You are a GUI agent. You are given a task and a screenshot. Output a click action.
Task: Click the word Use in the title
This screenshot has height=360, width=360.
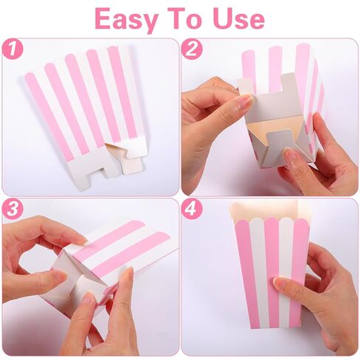click(x=239, y=18)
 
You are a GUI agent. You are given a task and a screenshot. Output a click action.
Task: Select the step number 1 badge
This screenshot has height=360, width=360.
click(x=13, y=49)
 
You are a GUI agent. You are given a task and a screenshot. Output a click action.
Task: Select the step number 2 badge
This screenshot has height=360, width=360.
click(x=192, y=49)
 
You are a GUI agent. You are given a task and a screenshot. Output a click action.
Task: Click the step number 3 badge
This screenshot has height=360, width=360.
click(x=13, y=209)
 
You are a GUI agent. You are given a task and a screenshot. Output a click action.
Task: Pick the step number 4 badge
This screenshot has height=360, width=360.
click(x=192, y=209)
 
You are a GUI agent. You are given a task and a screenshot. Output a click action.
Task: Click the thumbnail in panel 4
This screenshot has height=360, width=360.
click(x=281, y=283)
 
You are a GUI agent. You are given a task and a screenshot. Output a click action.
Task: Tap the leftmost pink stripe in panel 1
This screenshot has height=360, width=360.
click(x=49, y=116)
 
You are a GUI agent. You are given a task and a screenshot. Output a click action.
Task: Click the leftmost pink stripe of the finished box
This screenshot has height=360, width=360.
click(x=246, y=273)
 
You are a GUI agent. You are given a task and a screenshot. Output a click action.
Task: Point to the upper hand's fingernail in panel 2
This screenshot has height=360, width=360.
click(x=244, y=101)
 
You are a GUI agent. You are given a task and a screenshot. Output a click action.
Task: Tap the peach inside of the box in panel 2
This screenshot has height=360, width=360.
click(x=257, y=128)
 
